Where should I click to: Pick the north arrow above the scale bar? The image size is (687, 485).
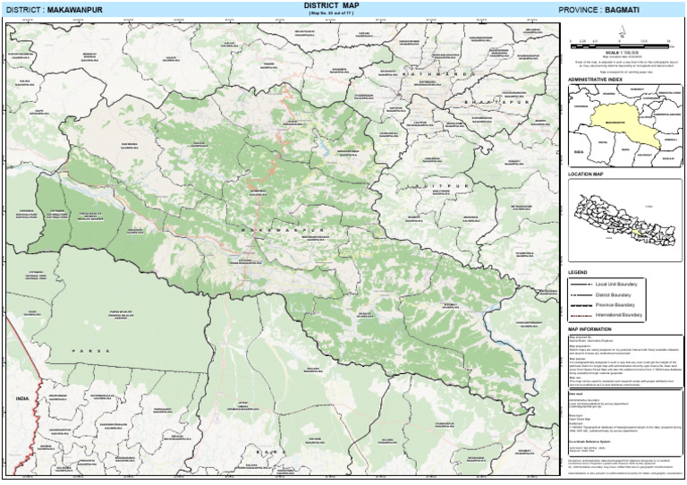pyautogui.click(x=620, y=28)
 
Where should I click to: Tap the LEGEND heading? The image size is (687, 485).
pyautogui.click(x=577, y=271)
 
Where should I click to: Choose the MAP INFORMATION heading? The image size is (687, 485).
pyautogui.click(x=589, y=329)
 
